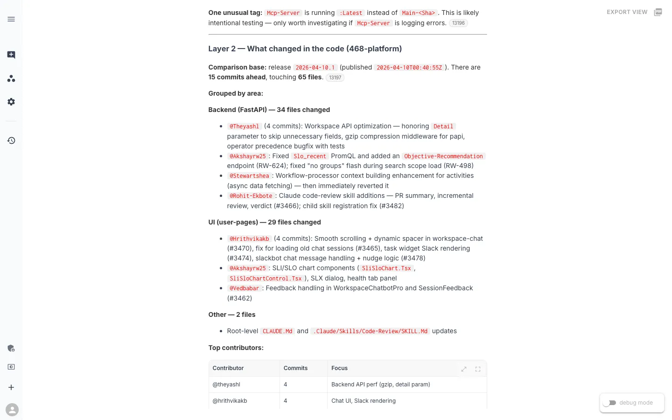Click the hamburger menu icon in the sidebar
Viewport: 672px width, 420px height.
click(11, 19)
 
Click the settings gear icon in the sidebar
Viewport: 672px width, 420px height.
click(11, 102)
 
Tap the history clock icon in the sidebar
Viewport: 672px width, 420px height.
click(11, 140)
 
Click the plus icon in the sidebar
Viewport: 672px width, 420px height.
click(11, 387)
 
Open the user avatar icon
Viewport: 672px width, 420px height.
click(12, 410)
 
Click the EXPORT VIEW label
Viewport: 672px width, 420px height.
click(627, 12)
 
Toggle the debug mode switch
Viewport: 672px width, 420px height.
click(609, 403)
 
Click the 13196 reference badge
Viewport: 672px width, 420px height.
click(458, 23)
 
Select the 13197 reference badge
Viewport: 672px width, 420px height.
click(335, 77)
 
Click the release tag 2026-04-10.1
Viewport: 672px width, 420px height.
click(315, 68)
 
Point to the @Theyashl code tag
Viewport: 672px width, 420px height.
click(244, 126)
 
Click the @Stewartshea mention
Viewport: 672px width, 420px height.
click(249, 176)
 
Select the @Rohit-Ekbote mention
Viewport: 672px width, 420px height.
click(251, 196)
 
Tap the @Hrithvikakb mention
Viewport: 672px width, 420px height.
click(249, 239)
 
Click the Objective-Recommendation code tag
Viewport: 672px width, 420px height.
click(443, 156)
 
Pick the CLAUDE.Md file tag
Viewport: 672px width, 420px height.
click(277, 331)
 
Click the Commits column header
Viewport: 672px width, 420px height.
click(295, 368)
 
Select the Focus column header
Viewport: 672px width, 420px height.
click(339, 368)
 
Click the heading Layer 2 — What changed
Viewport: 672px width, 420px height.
click(305, 49)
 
